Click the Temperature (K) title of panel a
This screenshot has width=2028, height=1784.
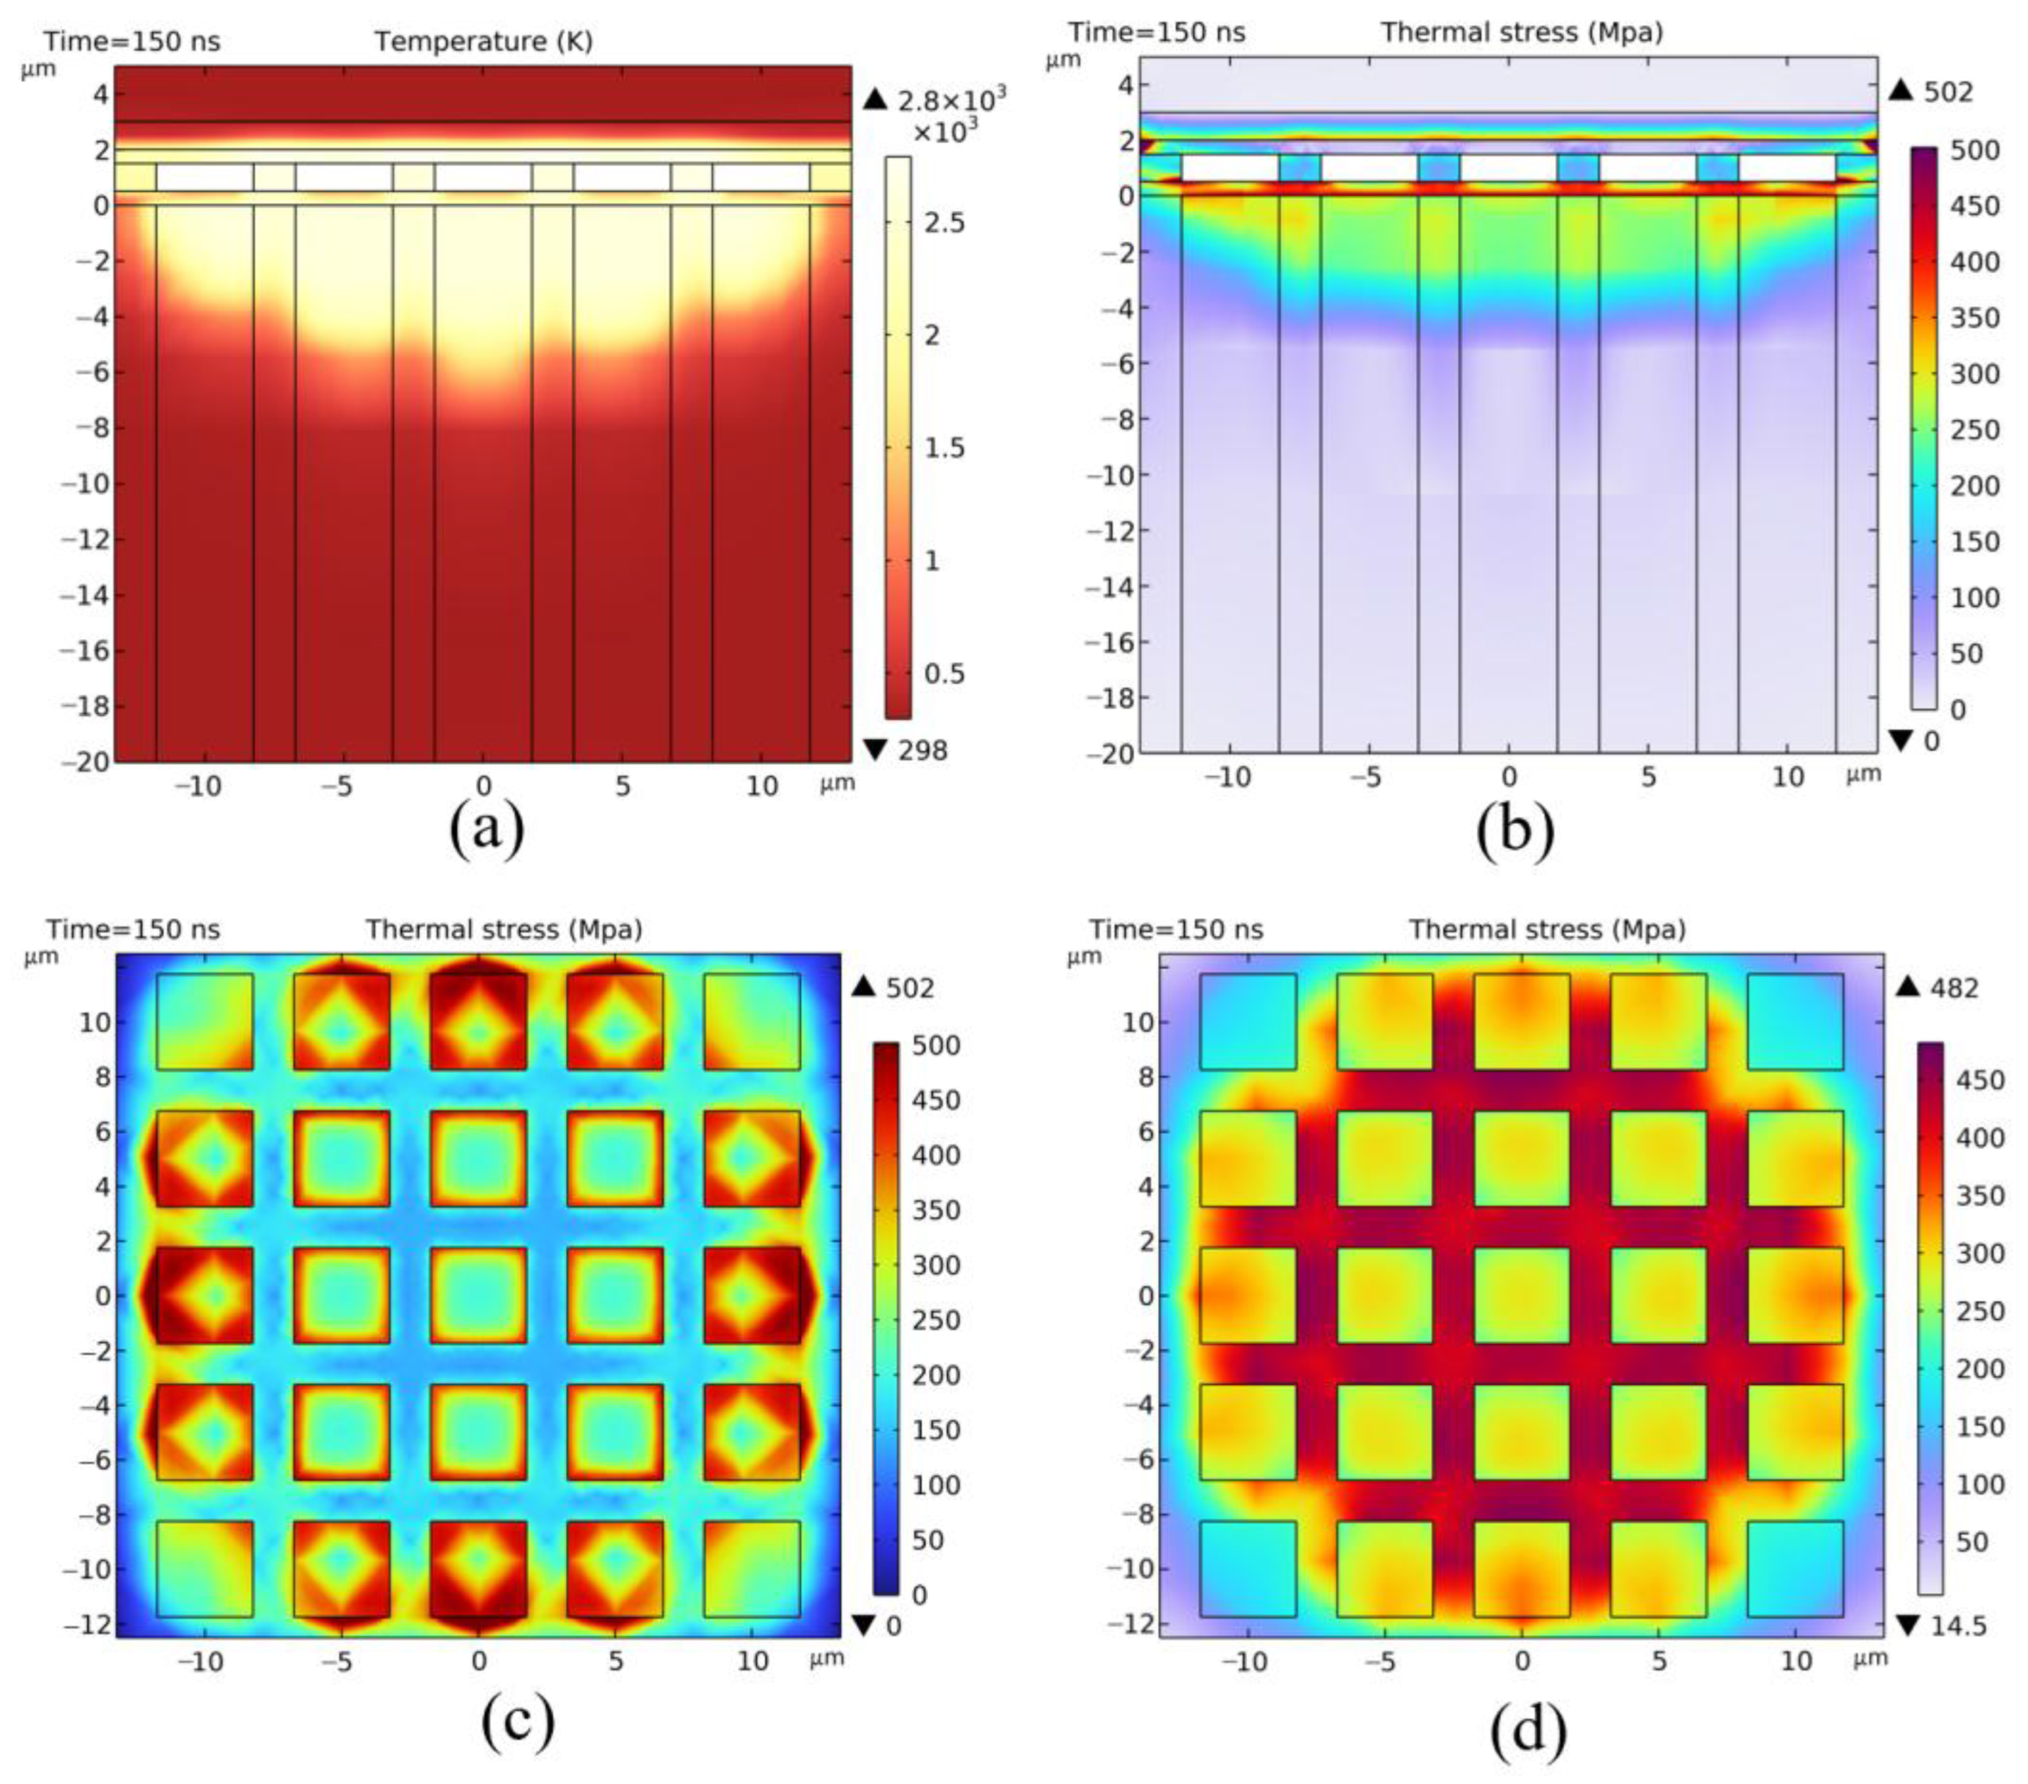(483, 42)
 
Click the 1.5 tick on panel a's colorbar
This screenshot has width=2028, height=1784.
(944, 448)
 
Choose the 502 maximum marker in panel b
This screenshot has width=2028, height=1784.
(1947, 92)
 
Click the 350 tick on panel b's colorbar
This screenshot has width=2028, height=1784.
(1974, 318)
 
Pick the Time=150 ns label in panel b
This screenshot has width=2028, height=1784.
(1157, 33)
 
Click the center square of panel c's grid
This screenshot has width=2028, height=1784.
(479, 1294)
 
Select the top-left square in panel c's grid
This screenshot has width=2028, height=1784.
(204, 1021)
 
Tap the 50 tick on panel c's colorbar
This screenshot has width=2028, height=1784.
(927, 1540)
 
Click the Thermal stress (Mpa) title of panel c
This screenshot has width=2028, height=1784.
(504, 929)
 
